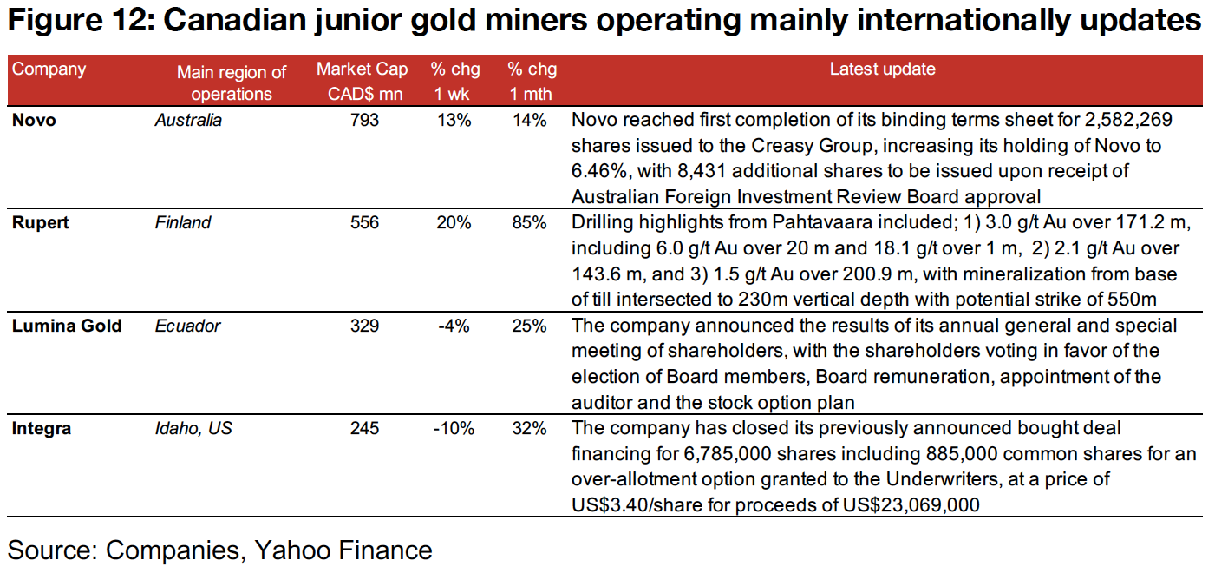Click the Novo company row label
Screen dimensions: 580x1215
point(34,120)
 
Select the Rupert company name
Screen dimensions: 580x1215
point(40,223)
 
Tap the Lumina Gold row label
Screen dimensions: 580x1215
point(67,326)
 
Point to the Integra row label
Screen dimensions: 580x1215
point(42,428)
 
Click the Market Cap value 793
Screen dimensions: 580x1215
point(364,120)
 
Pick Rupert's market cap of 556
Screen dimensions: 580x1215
point(364,223)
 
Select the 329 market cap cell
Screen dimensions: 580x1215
point(364,326)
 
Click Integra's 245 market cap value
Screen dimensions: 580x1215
point(364,428)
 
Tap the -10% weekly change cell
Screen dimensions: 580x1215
point(454,428)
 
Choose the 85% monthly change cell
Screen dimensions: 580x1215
point(529,223)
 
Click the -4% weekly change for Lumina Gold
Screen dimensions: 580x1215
point(454,326)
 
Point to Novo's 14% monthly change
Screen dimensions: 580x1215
point(529,120)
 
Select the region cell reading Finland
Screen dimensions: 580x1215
point(182,223)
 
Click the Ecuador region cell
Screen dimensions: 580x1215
point(187,326)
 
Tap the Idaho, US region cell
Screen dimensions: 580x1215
point(193,428)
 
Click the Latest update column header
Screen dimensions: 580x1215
point(882,69)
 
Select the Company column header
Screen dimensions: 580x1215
point(49,69)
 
